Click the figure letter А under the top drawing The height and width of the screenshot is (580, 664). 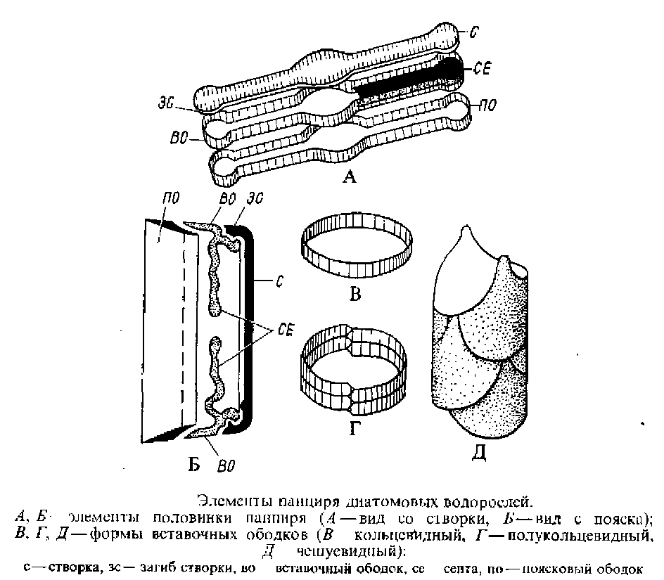coord(350,179)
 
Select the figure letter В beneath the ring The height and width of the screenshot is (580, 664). coord(355,294)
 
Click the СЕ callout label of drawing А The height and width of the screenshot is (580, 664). coord(483,69)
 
